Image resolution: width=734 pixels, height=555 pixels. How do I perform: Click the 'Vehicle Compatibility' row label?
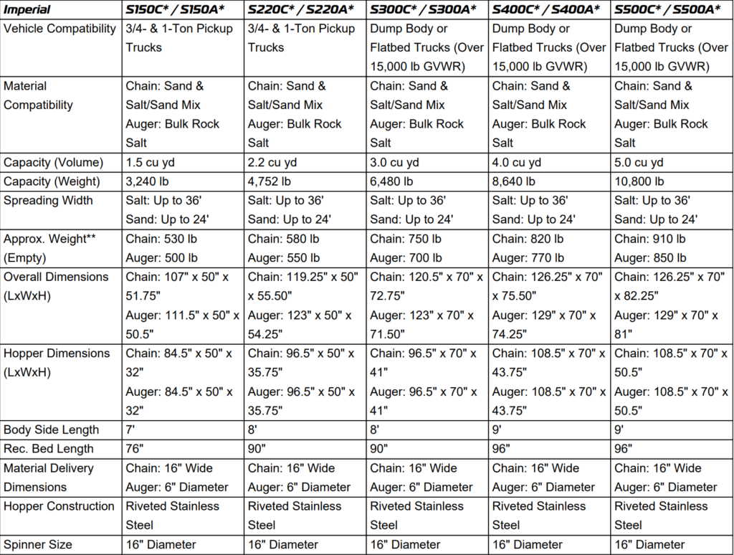[x=59, y=29]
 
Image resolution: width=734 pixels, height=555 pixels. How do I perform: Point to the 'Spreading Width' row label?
[x=48, y=201]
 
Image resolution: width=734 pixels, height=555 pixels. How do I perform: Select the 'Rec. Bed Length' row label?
[x=49, y=449]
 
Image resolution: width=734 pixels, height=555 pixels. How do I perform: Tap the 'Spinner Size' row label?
[x=38, y=544]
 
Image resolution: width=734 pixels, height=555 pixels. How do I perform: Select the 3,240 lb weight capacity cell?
[x=148, y=181]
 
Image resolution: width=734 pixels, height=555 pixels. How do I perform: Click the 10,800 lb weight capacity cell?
[x=639, y=181]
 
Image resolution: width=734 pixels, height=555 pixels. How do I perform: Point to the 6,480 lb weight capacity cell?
[x=392, y=181]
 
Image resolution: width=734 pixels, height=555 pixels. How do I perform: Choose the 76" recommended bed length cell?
[x=134, y=449]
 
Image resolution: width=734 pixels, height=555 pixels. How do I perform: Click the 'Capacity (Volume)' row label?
[x=53, y=162]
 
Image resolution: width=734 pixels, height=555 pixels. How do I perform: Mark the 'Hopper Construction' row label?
[x=59, y=506]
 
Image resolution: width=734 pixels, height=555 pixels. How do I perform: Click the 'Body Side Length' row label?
[x=51, y=430]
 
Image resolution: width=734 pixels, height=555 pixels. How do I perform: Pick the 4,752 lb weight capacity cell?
[x=270, y=181]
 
